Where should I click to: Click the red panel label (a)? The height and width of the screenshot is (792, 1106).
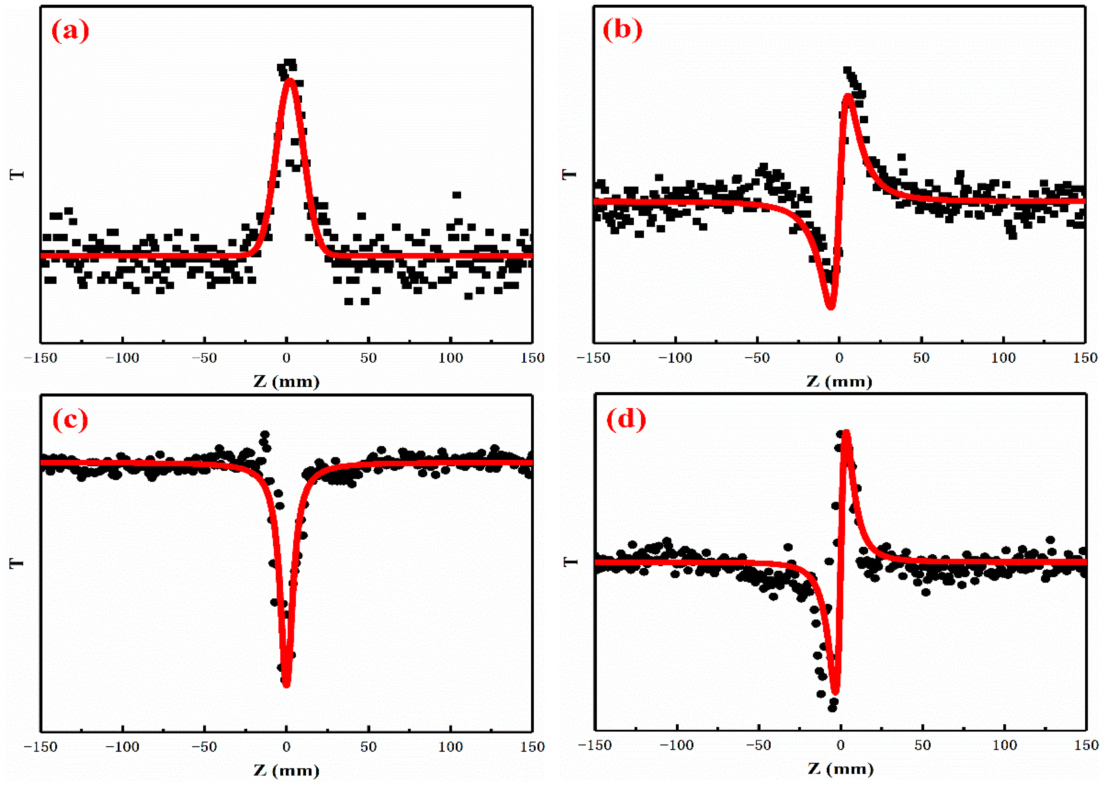(x=70, y=31)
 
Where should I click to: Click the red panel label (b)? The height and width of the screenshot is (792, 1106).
(x=622, y=30)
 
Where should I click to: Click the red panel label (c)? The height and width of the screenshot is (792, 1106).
(x=70, y=420)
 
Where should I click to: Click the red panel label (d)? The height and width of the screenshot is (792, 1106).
(x=626, y=419)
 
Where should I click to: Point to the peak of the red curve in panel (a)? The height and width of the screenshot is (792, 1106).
(x=290, y=81)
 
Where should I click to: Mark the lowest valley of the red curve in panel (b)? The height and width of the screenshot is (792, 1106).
(x=830, y=307)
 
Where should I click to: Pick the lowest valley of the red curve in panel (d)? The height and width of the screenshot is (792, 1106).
(x=835, y=691)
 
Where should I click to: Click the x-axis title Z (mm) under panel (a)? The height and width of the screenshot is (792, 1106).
(x=286, y=382)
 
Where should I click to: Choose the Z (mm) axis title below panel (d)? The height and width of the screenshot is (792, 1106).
(x=840, y=769)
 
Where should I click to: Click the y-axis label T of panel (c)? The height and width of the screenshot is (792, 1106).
(x=17, y=563)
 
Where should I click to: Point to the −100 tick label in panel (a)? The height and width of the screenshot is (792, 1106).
(x=122, y=358)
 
